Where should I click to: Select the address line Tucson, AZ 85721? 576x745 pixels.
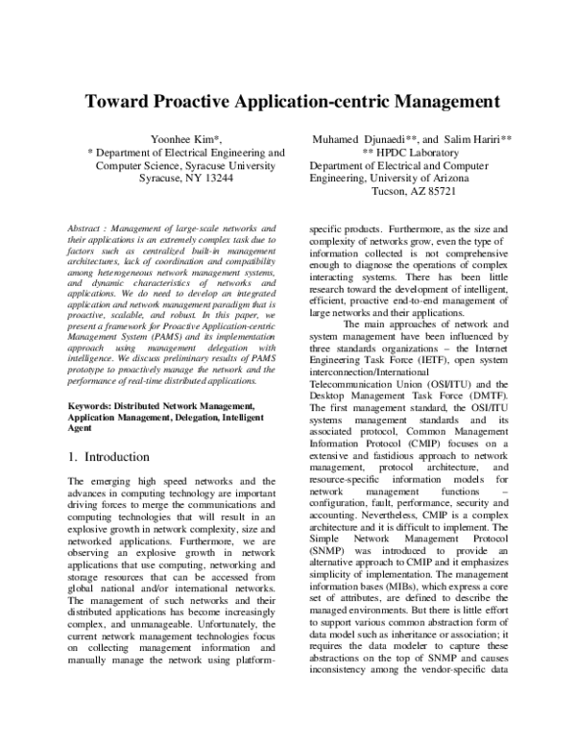[413, 191]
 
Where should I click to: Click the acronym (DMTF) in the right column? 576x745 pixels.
[491, 421]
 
